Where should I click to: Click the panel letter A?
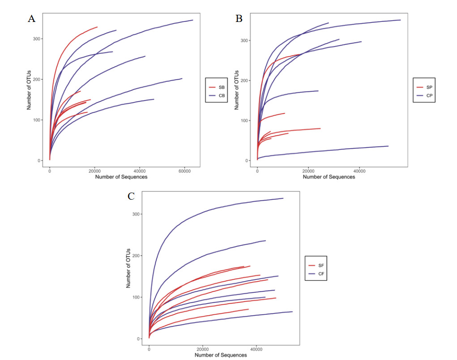pos(31,18)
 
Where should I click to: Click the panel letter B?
pos(239,18)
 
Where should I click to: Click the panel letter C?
pos(131,196)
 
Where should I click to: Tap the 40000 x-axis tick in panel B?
pos(359,171)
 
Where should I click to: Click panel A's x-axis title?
pos(121,177)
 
